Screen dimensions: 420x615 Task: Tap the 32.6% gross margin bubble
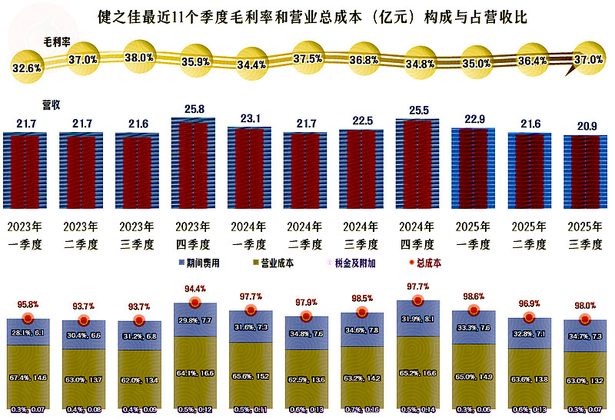(26, 68)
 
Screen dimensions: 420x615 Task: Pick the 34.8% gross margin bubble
(419, 64)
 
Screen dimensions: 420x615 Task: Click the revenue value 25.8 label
(193, 111)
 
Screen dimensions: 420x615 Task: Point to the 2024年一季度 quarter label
(249, 236)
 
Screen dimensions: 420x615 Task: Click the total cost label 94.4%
(194, 289)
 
